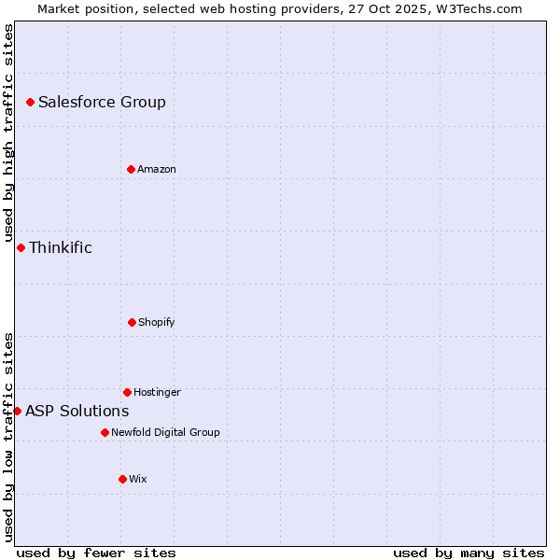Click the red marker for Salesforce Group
pos(30,102)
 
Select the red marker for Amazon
pos(131,169)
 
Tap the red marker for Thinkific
pos(21,247)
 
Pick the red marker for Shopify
pos(132,322)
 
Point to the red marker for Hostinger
pos(127,392)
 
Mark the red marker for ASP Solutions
pos(17,411)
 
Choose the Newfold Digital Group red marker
pos(105,432)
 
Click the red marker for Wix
pos(122,479)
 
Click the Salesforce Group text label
pos(102,103)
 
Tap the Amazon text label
pos(157,169)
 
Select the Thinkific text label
pos(61,247)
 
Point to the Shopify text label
pos(157,322)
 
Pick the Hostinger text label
pos(157,392)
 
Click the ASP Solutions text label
pos(77,411)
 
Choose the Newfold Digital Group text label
pos(165,432)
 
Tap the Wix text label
pos(138,479)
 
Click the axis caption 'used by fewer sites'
pos(96,553)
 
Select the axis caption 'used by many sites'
pos(469,553)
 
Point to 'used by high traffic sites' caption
pos(8,130)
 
